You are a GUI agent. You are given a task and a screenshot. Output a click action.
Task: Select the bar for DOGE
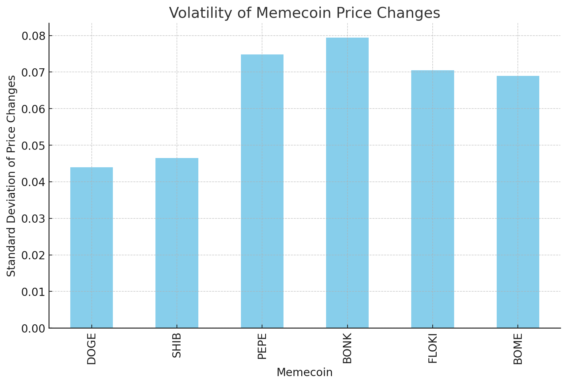(91, 247)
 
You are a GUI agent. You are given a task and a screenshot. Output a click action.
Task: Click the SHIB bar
(177, 243)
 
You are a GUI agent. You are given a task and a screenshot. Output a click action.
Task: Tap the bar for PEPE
(262, 191)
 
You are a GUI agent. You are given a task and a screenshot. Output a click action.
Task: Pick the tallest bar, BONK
(347, 183)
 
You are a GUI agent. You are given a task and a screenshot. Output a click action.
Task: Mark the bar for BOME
(518, 202)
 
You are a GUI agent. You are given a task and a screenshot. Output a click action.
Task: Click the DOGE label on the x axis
(91, 349)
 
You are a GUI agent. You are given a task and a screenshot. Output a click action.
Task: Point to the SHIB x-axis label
(177, 345)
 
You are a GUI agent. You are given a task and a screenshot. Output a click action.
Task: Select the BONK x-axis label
(347, 348)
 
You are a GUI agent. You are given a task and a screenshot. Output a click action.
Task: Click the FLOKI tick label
(432, 348)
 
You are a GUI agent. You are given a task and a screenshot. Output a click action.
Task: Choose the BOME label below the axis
(518, 349)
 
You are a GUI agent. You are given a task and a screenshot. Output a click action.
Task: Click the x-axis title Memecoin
(304, 372)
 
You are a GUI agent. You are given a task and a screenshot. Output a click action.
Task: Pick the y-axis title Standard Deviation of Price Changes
(11, 176)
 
